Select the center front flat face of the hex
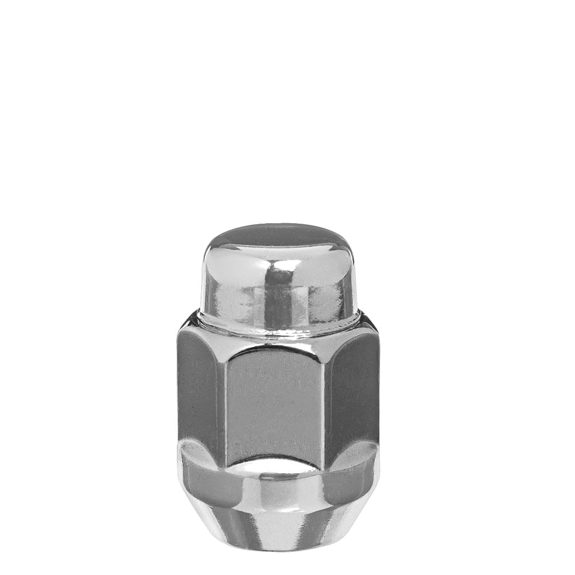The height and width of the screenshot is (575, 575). [x=277, y=402]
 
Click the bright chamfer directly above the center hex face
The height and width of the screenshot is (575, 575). [x=277, y=344]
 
